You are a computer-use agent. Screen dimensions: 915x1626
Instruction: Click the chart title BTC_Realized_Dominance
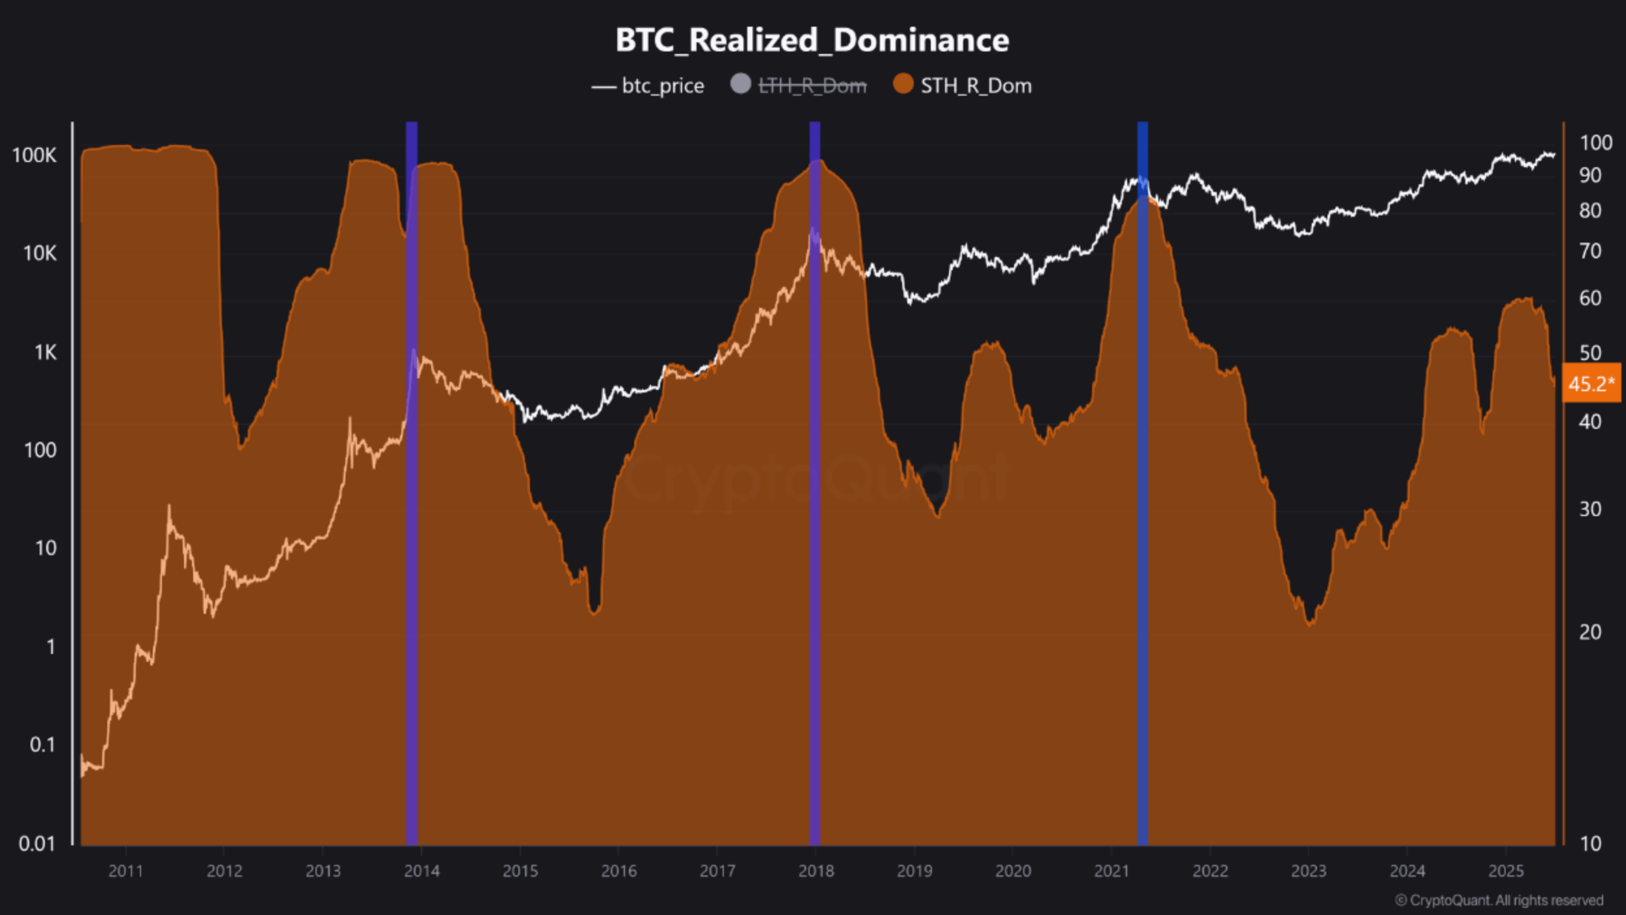point(812,40)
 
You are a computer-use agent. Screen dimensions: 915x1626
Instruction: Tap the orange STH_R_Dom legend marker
point(903,84)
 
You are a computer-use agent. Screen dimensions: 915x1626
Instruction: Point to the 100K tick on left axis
point(34,156)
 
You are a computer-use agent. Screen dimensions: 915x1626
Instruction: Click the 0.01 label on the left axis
point(36,843)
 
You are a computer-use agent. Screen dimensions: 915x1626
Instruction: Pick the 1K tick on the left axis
point(45,353)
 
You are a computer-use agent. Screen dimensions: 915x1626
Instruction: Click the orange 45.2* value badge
point(1590,383)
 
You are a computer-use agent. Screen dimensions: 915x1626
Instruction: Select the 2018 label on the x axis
point(816,871)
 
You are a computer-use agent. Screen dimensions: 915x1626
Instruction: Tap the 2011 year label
point(126,871)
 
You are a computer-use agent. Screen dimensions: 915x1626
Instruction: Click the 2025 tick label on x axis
point(1506,871)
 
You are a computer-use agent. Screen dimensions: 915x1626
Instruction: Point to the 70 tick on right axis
point(1590,251)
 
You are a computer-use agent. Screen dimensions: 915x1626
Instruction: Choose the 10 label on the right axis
point(1590,843)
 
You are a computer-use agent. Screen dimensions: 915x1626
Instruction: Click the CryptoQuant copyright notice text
point(1499,901)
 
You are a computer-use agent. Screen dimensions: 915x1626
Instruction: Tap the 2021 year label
point(1112,871)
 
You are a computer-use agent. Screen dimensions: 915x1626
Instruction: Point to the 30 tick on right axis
point(1590,509)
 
